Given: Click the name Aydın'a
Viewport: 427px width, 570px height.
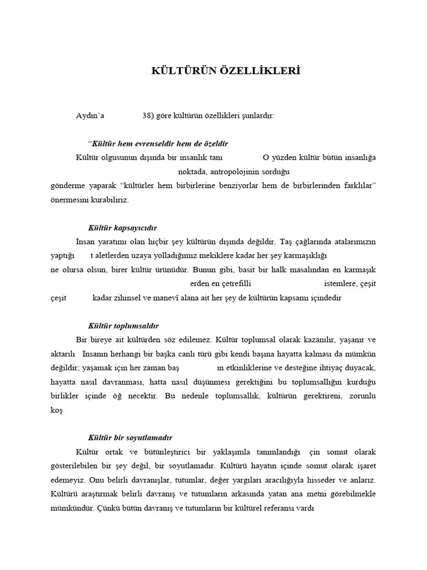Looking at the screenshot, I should (90, 116).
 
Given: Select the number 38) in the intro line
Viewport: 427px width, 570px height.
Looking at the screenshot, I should (148, 116).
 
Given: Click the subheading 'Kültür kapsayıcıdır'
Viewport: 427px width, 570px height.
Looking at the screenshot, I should (123, 228).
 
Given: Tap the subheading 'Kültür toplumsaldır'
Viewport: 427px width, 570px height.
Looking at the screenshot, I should (123, 326).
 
